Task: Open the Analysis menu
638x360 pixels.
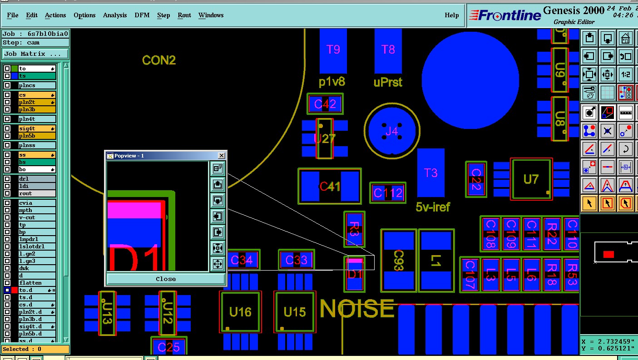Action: [115, 15]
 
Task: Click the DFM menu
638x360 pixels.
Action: [142, 15]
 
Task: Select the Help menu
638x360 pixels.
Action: [451, 15]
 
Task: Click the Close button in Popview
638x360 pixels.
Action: [165, 279]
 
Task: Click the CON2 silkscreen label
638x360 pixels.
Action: [158, 60]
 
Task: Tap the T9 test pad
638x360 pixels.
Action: [333, 49]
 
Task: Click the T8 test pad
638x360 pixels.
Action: [388, 49]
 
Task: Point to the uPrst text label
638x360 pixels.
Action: [388, 83]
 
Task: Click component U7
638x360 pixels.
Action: [531, 179]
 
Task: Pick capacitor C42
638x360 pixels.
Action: [325, 104]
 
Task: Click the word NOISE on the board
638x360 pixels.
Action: [357, 309]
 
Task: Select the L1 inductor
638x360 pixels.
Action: [436, 261]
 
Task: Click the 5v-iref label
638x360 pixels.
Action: [433, 207]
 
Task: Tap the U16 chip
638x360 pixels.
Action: [240, 312]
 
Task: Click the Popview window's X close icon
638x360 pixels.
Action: [221, 156]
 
